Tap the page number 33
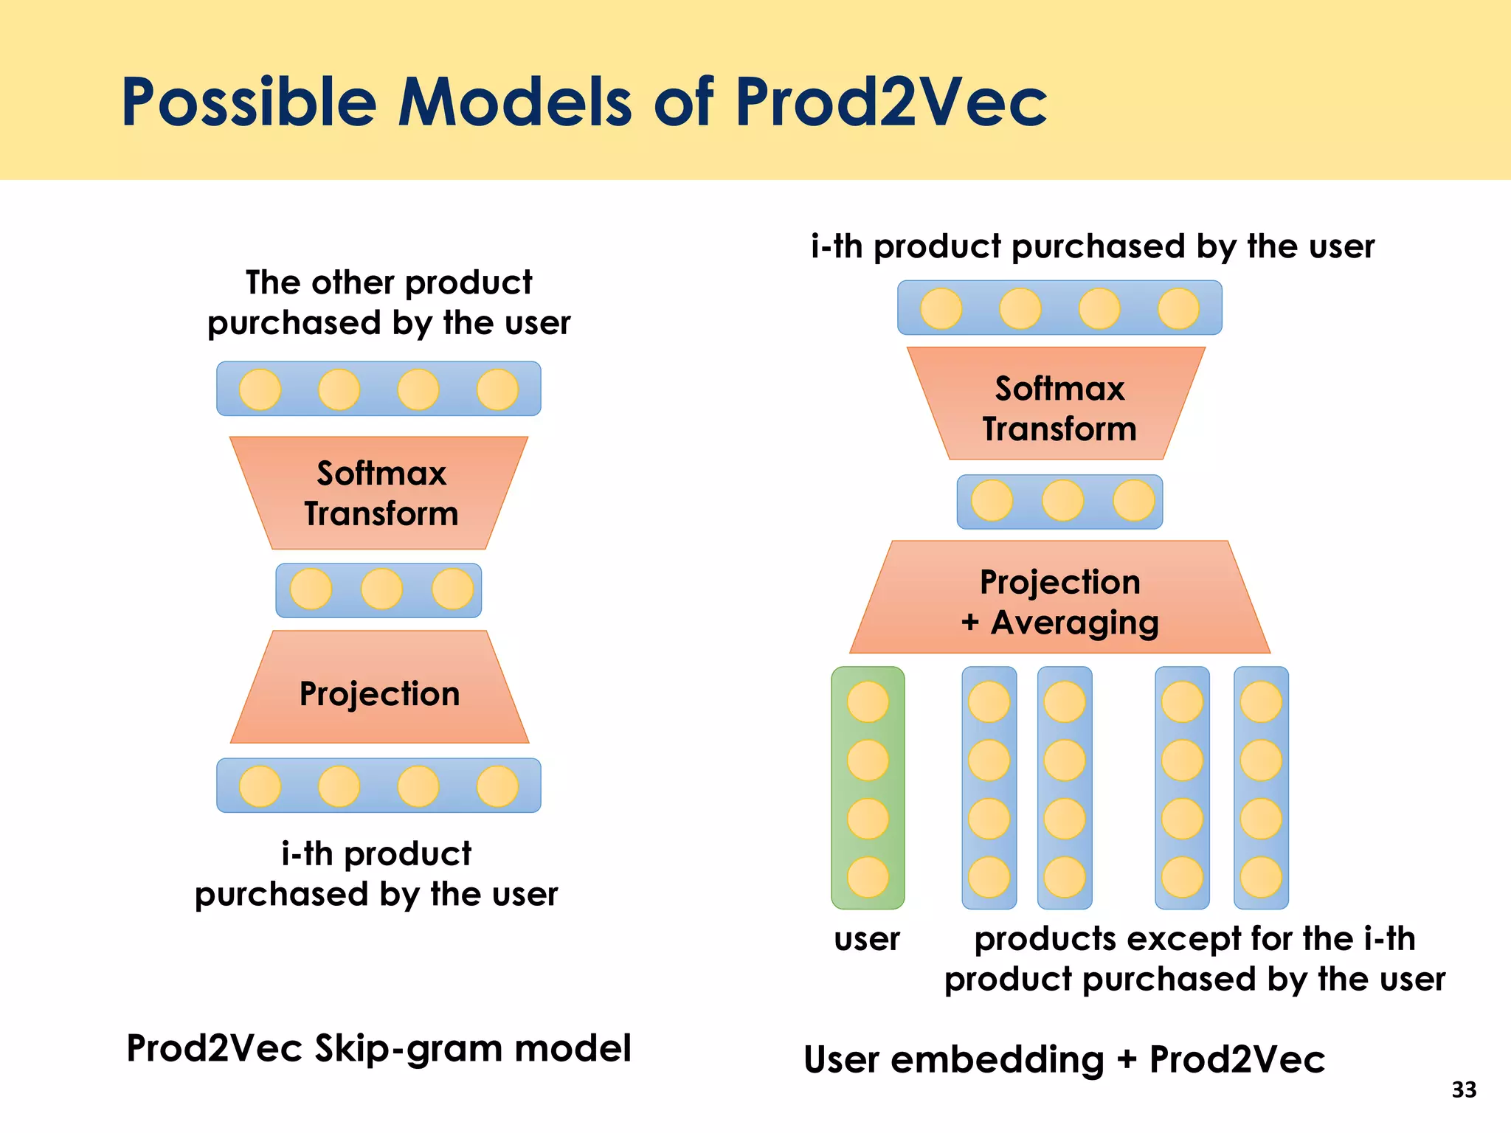pos(1464,1090)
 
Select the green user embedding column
pos(868,788)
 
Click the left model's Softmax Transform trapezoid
pos(379,493)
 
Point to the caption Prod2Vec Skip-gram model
pos(378,1048)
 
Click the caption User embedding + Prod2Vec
pos(1064,1060)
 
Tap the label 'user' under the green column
pos(867,939)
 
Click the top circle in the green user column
pos(868,701)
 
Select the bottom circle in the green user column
pos(868,877)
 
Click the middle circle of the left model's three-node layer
pos(381,589)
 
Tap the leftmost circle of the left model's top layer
pos(260,389)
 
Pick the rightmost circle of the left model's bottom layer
pos(497,786)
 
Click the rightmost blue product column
pos(1261,788)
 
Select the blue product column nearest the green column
pos(989,788)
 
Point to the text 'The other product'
pos(389,283)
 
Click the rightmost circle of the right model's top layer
pos(1178,308)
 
